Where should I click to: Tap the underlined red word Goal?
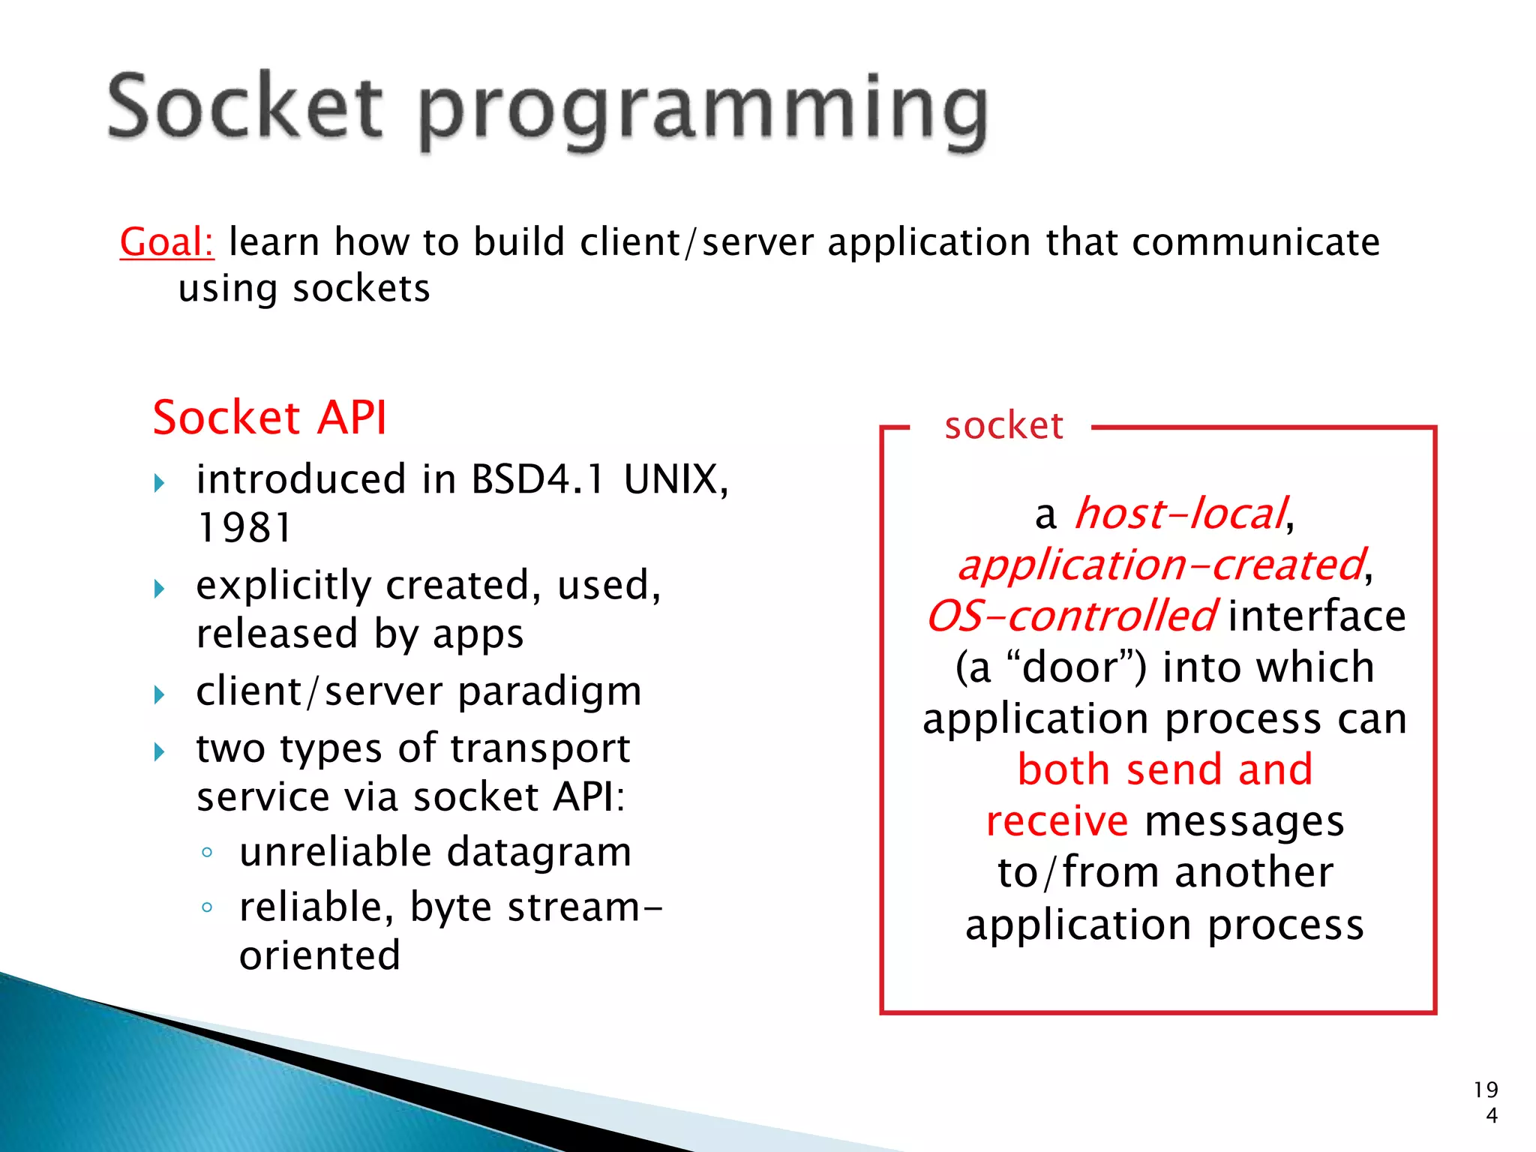pyautogui.click(x=166, y=242)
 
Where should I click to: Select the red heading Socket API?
pyautogui.click(x=269, y=417)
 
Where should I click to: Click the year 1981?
pyautogui.click(x=244, y=527)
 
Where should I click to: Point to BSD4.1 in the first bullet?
pyautogui.click(x=537, y=479)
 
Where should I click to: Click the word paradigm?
pyautogui.click(x=550, y=691)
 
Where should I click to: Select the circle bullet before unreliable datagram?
pyautogui.click(x=207, y=853)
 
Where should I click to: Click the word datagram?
pyautogui.click(x=539, y=853)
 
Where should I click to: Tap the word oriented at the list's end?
pyautogui.click(x=319, y=955)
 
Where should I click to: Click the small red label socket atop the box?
pyautogui.click(x=1003, y=426)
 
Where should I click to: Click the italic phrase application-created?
pyautogui.click(x=1161, y=565)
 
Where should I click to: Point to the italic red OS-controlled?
pyautogui.click(x=1070, y=616)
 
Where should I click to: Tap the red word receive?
pyautogui.click(x=1056, y=821)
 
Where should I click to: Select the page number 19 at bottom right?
pyautogui.click(x=1485, y=1090)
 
